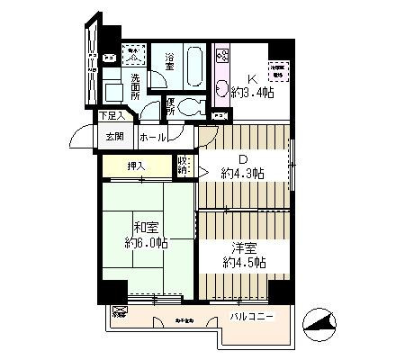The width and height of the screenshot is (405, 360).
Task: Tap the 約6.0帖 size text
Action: (147, 243)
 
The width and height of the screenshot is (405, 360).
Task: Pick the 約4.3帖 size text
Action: (243, 173)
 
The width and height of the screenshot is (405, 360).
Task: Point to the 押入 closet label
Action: (135, 166)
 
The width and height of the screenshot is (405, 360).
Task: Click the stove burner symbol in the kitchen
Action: (222, 57)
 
